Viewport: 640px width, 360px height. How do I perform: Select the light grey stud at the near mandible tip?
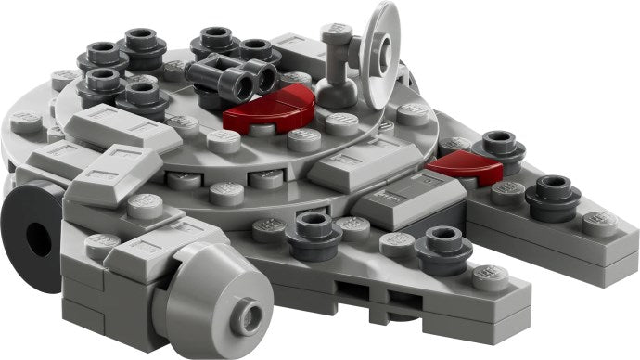(x=489, y=276)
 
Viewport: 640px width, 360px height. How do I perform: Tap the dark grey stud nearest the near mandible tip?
(x=437, y=246)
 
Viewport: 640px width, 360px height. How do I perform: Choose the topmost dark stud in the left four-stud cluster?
(x=141, y=39)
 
